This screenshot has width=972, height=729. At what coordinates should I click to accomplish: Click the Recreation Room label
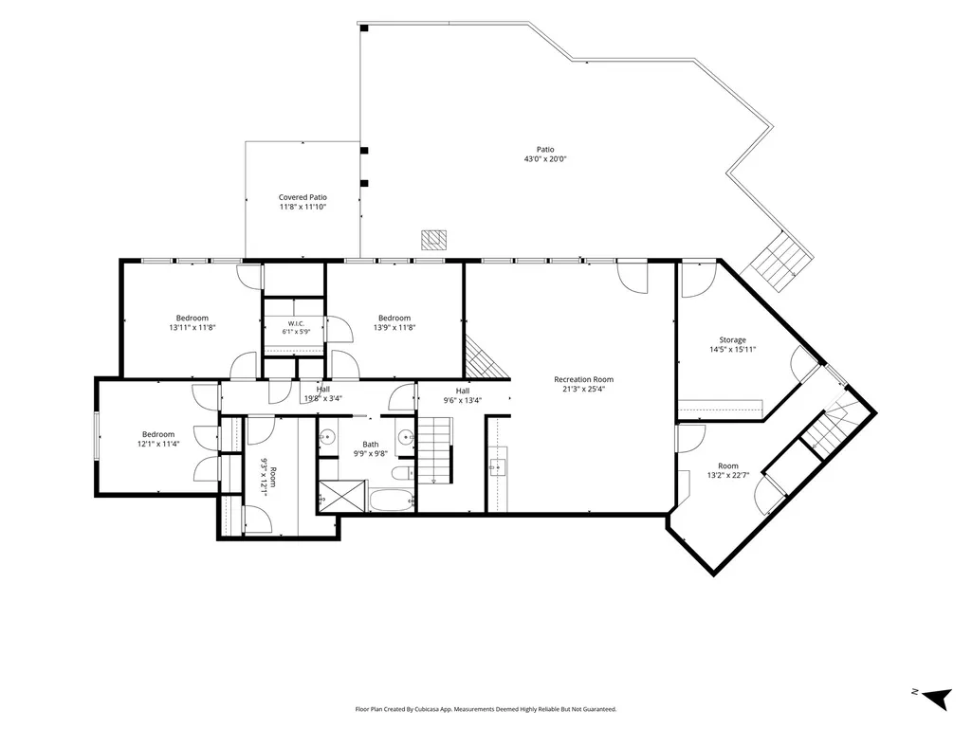[583, 379]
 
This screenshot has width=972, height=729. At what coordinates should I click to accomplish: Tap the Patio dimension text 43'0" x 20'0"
[545, 159]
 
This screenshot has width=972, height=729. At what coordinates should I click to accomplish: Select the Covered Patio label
[303, 198]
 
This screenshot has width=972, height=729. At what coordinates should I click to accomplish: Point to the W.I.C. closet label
[296, 323]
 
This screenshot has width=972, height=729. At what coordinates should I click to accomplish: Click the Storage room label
[732, 340]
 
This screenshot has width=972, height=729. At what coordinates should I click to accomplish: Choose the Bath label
[371, 445]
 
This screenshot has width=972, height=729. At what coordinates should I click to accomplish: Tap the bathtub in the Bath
[391, 500]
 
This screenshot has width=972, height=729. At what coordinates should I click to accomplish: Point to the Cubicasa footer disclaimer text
[486, 709]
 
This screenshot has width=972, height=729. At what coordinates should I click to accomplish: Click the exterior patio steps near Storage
[782, 261]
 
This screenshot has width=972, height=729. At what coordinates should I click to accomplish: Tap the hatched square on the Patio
[434, 240]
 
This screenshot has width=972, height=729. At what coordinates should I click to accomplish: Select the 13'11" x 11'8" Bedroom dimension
[193, 328]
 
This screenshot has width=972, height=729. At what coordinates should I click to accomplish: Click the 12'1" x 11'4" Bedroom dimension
[158, 444]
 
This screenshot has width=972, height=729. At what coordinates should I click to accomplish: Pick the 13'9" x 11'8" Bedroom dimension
[394, 328]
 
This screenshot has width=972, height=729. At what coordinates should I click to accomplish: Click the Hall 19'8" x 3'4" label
[323, 394]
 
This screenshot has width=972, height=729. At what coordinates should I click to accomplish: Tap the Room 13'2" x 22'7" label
[728, 471]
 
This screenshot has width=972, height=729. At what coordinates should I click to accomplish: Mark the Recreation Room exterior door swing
[633, 278]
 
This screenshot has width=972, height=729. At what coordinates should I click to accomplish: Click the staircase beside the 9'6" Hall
[434, 450]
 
